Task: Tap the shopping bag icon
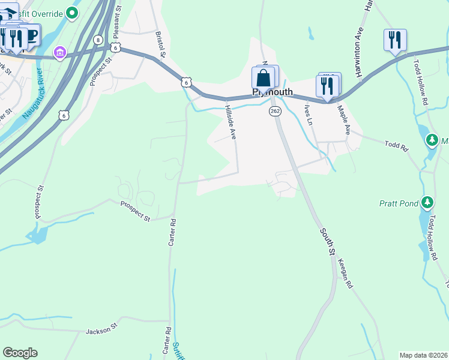tap(263, 78)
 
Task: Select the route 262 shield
tap(275, 112)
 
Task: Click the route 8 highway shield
tap(97, 40)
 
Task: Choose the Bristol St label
tap(160, 45)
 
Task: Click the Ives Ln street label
tap(309, 115)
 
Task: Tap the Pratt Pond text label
tap(399, 203)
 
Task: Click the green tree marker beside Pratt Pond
tap(427, 202)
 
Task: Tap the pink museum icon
tap(59, 53)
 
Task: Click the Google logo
tap(20, 353)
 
